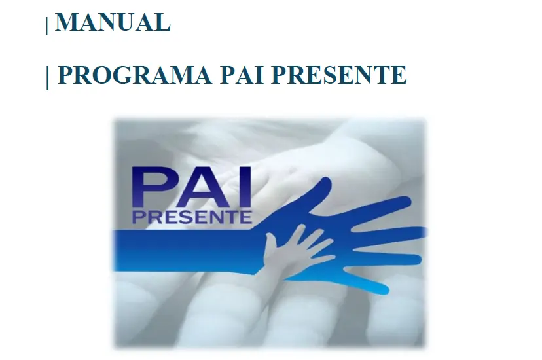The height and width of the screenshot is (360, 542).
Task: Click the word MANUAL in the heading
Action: tap(113, 22)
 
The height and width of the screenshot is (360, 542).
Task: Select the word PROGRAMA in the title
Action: tap(134, 75)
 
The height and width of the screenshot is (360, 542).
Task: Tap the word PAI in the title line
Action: tap(242, 75)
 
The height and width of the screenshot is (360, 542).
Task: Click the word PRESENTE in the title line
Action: tap(339, 75)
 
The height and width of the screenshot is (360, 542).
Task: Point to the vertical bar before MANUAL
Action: tap(47, 26)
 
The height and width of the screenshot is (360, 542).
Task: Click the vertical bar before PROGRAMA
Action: tap(47, 77)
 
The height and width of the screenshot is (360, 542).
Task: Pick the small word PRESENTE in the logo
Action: tap(192, 217)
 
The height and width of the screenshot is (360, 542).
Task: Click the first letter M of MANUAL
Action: tap(65, 22)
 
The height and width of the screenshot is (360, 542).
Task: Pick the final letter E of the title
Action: tap(400, 75)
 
